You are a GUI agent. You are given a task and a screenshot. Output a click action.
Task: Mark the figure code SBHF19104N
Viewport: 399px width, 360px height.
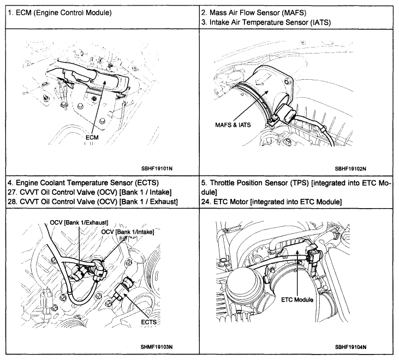pyautogui.click(x=350, y=346)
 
